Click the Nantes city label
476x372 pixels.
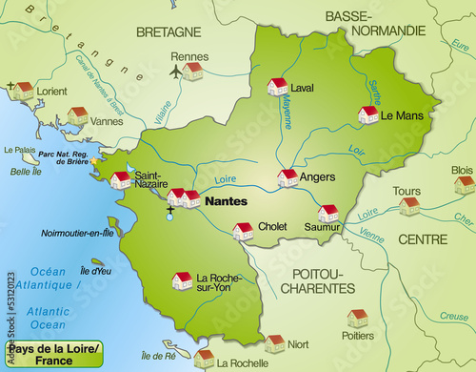[x=225, y=202]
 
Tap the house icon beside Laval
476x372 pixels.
[x=277, y=87]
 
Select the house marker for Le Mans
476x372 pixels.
[x=367, y=114]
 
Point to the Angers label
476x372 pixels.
[x=317, y=176]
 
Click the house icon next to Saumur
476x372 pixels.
[x=327, y=213]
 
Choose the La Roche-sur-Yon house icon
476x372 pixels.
[x=181, y=279]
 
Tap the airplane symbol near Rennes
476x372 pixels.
[x=175, y=71]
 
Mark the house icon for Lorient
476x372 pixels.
[x=23, y=91]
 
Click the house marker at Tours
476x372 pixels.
[x=408, y=205]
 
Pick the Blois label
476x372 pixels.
[x=462, y=170]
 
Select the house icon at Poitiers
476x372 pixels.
[x=357, y=318]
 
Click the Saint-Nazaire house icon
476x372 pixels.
[x=121, y=179]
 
